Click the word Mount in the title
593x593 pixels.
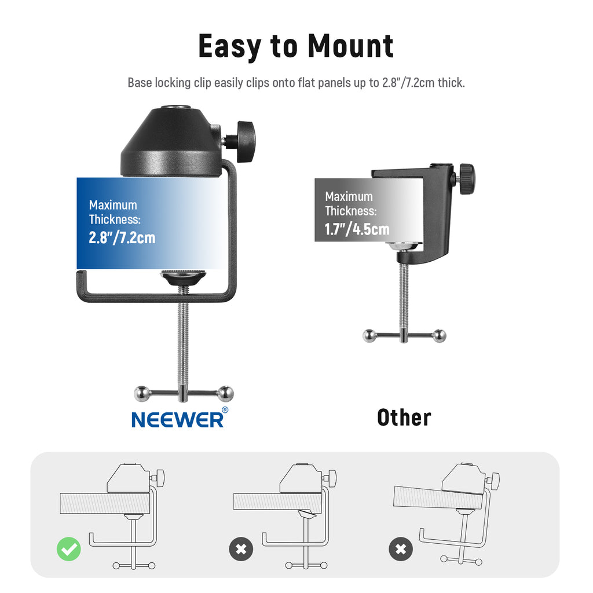(350, 46)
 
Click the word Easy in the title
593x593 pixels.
(230, 47)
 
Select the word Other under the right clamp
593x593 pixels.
(404, 418)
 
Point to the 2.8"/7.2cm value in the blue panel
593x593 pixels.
(122, 237)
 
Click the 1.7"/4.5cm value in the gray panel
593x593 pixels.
(357, 229)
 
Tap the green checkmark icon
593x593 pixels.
(69, 549)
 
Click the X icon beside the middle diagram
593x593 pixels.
(241, 549)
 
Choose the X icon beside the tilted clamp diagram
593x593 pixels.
(401, 549)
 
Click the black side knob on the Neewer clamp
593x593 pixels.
(245, 141)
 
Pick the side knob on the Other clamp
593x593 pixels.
(467, 178)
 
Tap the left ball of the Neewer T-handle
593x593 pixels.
(142, 394)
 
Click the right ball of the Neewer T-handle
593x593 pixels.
(225, 394)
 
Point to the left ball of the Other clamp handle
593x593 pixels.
(369, 336)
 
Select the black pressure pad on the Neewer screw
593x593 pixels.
(183, 277)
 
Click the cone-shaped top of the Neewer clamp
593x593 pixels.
(171, 142)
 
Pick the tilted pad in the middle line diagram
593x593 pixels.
(307, 514)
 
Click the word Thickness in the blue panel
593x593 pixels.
(115, 219)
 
